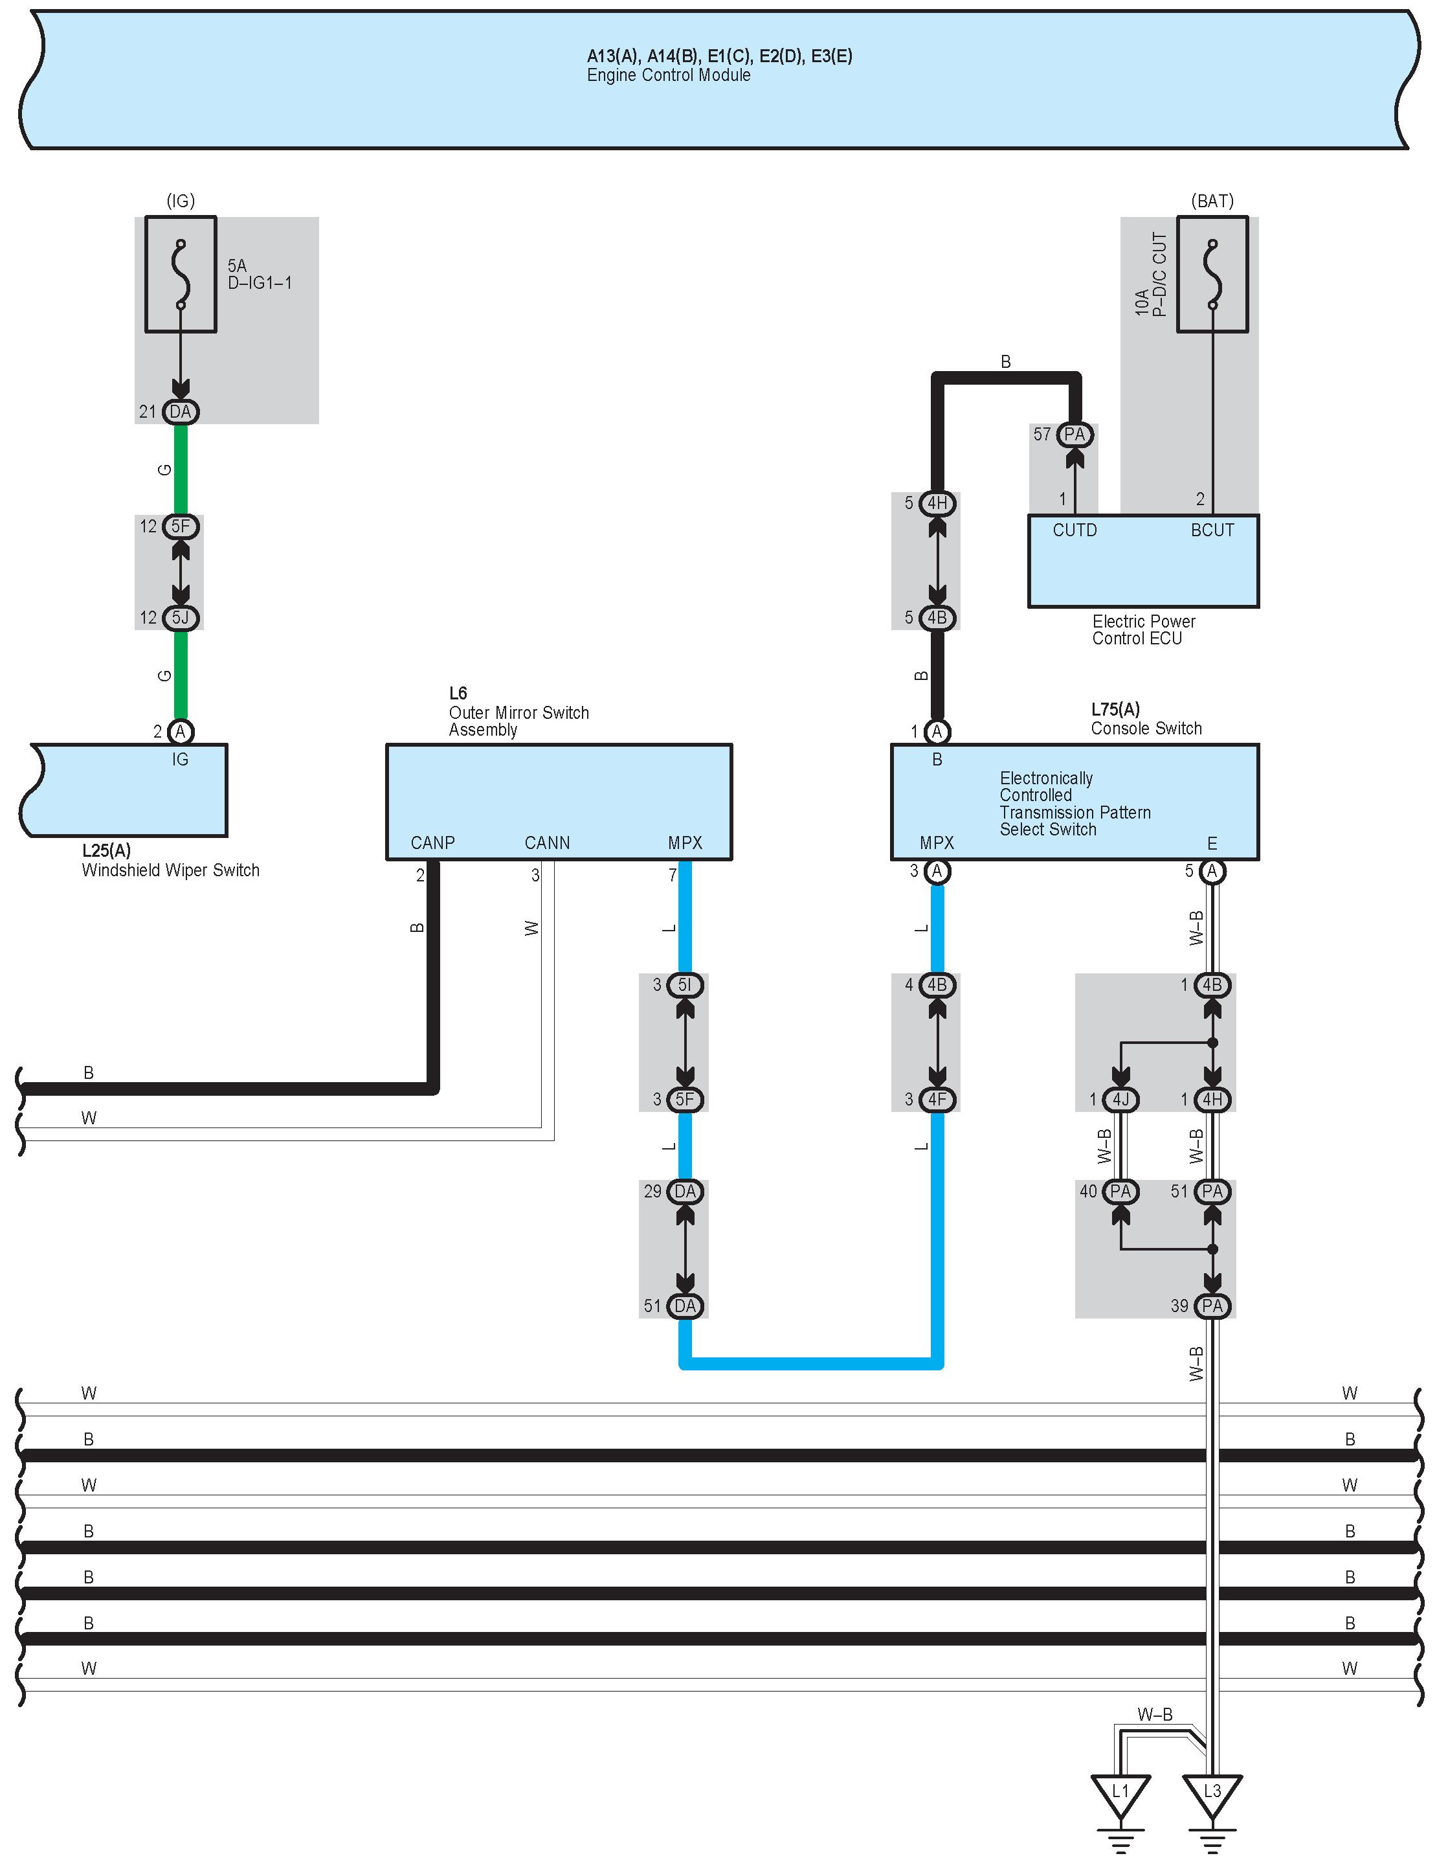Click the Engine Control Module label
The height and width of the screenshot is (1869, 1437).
click(668, 75)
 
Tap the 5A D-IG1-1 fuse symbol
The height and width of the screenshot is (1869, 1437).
click(181, 274)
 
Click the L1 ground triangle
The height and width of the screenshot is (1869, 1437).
click(1120, 1794)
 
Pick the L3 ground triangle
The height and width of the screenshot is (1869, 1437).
click(1212, 1794)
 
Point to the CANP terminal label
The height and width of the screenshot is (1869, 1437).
click(433, 843)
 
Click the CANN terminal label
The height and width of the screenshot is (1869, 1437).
click(548, 843)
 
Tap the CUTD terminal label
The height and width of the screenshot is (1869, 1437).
click(1075, 530)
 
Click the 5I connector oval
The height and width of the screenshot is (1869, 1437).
click(684, 985)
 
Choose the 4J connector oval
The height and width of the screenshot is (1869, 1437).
click(1120, 1100)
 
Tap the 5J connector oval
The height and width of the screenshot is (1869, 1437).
click(181, 618)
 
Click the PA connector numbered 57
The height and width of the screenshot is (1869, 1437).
click(1075, 435)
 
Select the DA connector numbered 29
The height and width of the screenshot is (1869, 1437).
click(684, 1191)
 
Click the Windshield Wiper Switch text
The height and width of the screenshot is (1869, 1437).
click(170, 870)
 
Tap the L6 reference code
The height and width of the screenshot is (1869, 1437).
click(458, 693)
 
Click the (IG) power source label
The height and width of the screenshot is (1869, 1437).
click(181, 201)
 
